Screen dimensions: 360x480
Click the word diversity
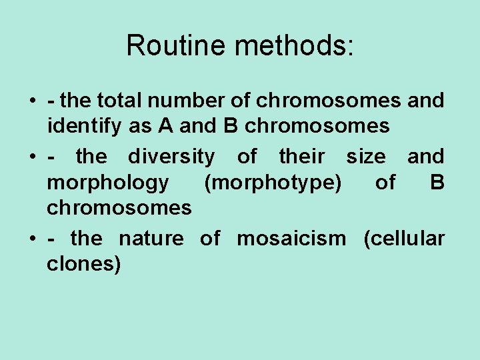pyautogui.click(x=171, y=157)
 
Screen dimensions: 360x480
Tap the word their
pyautogui.click(x=302, y=157)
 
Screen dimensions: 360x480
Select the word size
pyautogui.click(x=366, y=157)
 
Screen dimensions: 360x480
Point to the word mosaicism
pyautogui.click(x=292, y=239)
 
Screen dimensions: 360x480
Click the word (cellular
pyautogui.click(x=404, y=239)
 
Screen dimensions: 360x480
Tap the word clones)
pyautogui.click(x=83, y=264)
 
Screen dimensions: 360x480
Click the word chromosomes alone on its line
pyautogui.click(x=119, y=208)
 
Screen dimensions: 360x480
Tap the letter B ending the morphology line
pyautogui.click(x=437, y=183)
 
